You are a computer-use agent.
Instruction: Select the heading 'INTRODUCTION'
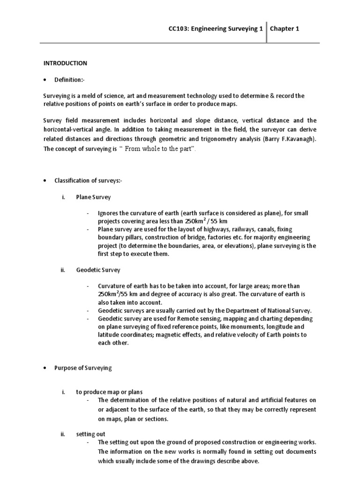pos(66,63)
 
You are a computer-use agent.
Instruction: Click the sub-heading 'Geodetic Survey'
pos(98,270)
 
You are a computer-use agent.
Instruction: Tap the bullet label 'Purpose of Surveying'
pos(83,368)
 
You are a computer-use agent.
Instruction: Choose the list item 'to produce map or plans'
pos(109,392)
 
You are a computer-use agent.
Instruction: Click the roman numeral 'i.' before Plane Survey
pos(63,197)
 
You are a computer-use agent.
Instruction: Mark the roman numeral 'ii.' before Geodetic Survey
pos(62,270)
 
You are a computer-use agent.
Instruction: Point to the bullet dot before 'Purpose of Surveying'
pos(45,368)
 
